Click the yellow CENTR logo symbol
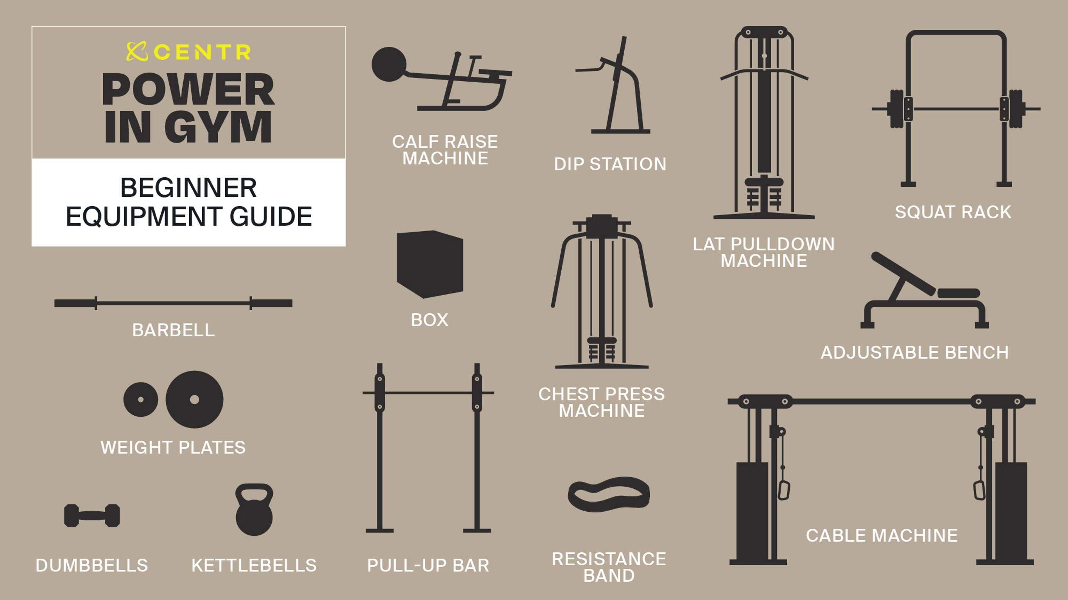(x=137, y=52)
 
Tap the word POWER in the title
(x=188, y=89)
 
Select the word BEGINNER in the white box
(x=188, y=188)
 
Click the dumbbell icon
(x=92, y=516)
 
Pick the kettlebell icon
(x=254, y=509)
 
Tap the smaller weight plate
(x=141, y=400)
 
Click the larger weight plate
(x=194, y=400)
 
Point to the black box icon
(x=430, y=264)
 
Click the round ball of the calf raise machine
(x=389, y=64)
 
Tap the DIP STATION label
(x=610, y=164)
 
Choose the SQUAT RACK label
(x=953, y=212)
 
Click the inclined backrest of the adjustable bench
(x=903, y=273)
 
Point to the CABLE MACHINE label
(x=882, y=536)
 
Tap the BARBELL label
(x=173, y=330)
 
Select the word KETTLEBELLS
(x=254, y=566)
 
